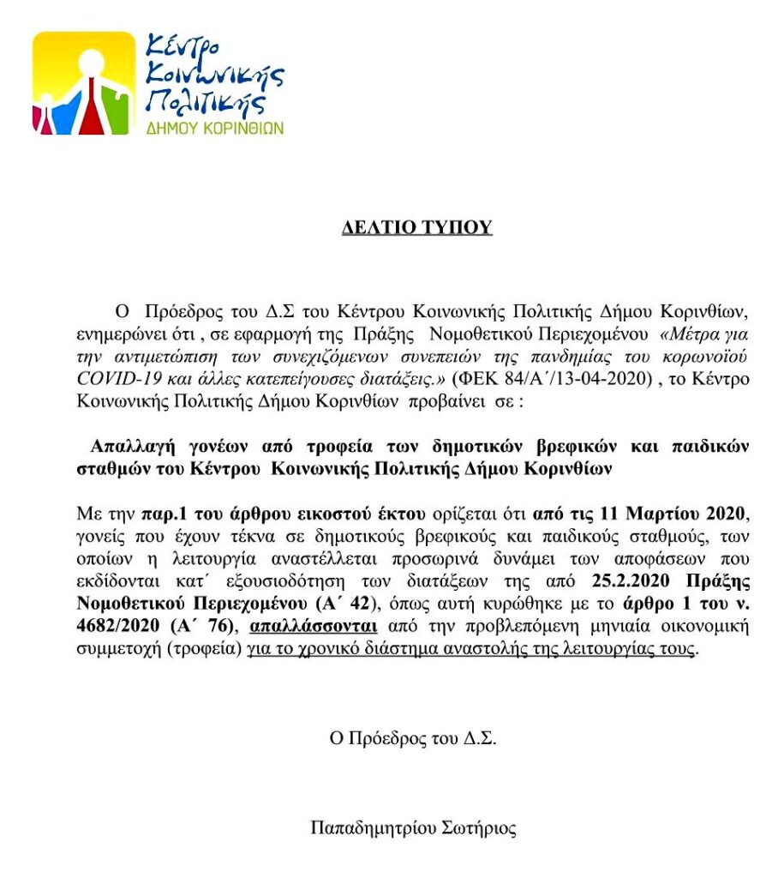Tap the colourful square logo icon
pos(84,83)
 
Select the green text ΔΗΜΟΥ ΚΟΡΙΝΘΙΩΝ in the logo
pos(215,127)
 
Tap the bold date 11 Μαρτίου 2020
pos(640,515)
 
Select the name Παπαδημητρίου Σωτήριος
pos(414,828)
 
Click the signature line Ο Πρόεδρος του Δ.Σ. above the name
pos(414,739)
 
